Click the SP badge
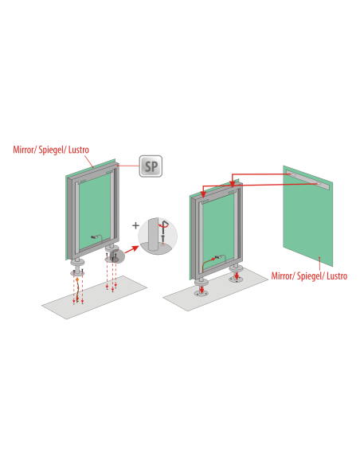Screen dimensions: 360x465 click(x=151, y=166)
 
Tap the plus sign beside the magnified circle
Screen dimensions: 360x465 click(x=135, y=225)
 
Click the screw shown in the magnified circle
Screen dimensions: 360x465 click(x=162, y=239)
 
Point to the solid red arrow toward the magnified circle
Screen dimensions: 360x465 click(x=131, y=249)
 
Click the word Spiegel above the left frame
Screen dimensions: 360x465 click(x=51, y=150)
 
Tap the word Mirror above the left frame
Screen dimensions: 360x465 click(x=24, y=150)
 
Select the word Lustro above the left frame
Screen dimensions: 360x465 click(x=79, y=150)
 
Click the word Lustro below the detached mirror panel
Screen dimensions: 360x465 click(x=337, y=276)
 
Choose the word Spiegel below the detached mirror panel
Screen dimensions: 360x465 click(x=309, y=276)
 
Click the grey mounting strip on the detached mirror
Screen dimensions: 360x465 click(x=307, y=180)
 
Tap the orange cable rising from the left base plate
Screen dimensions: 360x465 click(x=76, y=291)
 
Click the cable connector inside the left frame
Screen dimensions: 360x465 click(x=95, y=237)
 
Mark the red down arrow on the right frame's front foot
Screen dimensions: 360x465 click(x=202, y=289)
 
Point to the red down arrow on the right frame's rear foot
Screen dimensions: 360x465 click(x=237, y=275)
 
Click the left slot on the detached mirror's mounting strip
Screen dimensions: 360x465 click(x=291, y=174)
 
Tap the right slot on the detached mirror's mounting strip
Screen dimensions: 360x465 click(x=319, y=184)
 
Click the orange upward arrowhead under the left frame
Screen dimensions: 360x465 click(x=77, y=279)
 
